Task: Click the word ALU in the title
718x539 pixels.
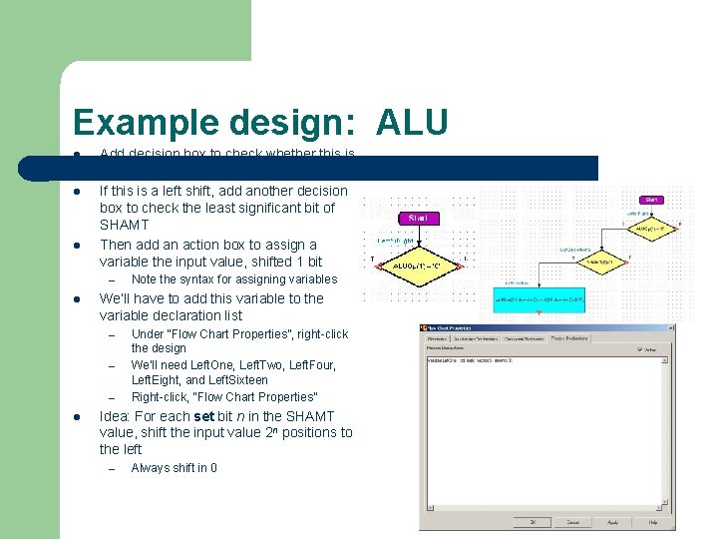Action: tap(412, 123)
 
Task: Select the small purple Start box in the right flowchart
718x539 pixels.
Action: tap(651, 200)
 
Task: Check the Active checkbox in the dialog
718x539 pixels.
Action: tap(640, 349)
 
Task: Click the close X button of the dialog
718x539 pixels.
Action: tap(670, 327)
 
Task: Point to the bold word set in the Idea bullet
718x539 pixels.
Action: tap(203, 416)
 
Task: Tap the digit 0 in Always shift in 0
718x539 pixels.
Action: tap(213, 468)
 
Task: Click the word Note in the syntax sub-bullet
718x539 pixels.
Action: tap(146, 279)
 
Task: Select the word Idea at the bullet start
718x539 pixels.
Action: tap(115, 416)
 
